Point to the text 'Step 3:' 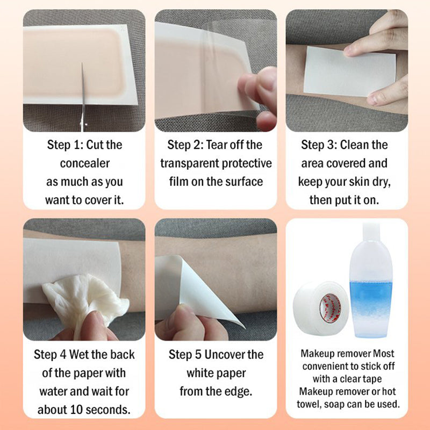pos(320,145)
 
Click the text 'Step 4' pos(52,354)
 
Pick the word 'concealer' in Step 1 pos(84,163)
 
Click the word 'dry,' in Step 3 pos(380,182)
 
